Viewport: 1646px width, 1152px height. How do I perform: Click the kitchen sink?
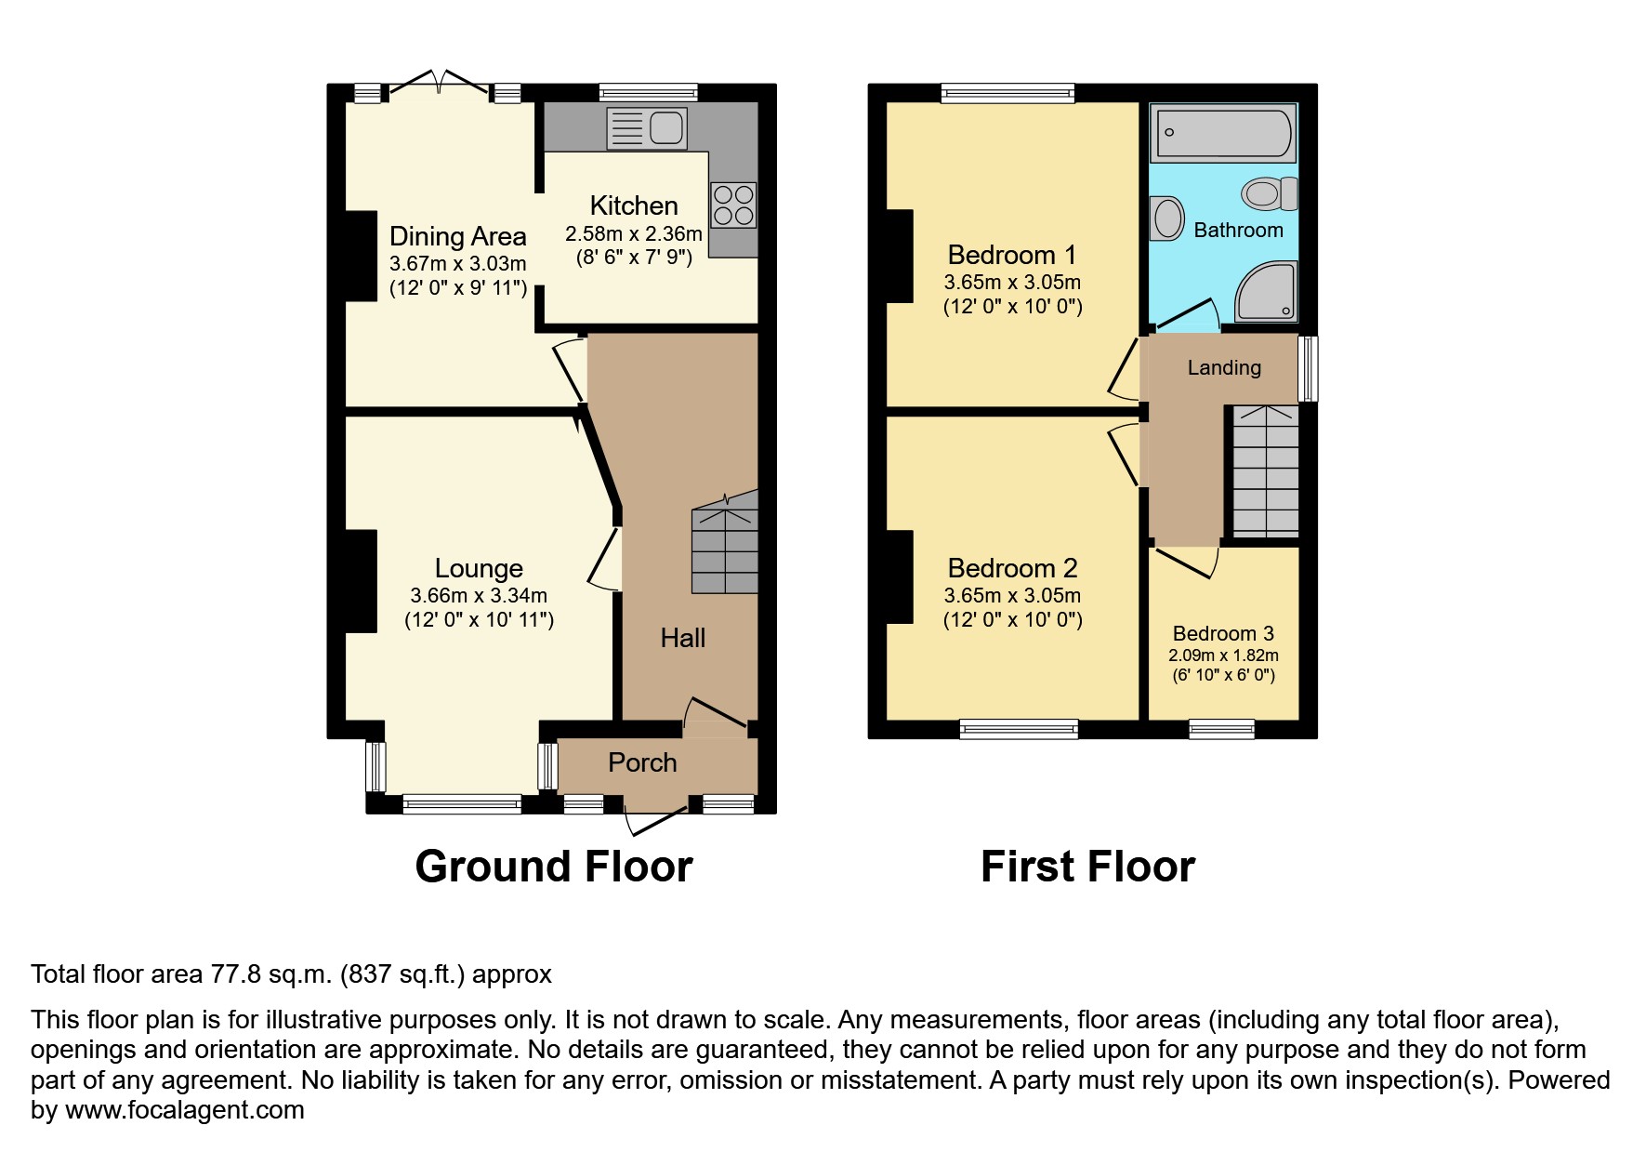pos(647,128)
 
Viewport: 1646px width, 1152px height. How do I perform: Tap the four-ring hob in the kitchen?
pos(733,205)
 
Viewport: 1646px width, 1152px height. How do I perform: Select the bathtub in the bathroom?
pos(1222,133)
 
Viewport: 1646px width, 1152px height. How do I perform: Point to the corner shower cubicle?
pos(1266,292)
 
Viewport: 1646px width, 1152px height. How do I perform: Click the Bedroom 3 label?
pos(1223,634)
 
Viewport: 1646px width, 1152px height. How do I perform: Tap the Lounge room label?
pos(479,568)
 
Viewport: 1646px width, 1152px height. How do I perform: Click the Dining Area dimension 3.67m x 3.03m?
pos(458,264)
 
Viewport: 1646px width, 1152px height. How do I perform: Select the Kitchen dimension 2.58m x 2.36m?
pos(634,234)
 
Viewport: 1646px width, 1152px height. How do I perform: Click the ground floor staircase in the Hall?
pos(725,549)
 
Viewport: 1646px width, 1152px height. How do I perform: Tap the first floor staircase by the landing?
pos(1265,471)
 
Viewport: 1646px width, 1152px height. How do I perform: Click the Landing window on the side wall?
pos(1308,368)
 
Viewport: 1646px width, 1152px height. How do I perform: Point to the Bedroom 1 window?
pos(1007,92)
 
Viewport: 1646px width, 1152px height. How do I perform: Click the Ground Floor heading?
pos(554,867)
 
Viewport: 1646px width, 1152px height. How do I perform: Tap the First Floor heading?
pos(1087,867)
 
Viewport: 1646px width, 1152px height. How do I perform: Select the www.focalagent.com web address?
pos(184,1110)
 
